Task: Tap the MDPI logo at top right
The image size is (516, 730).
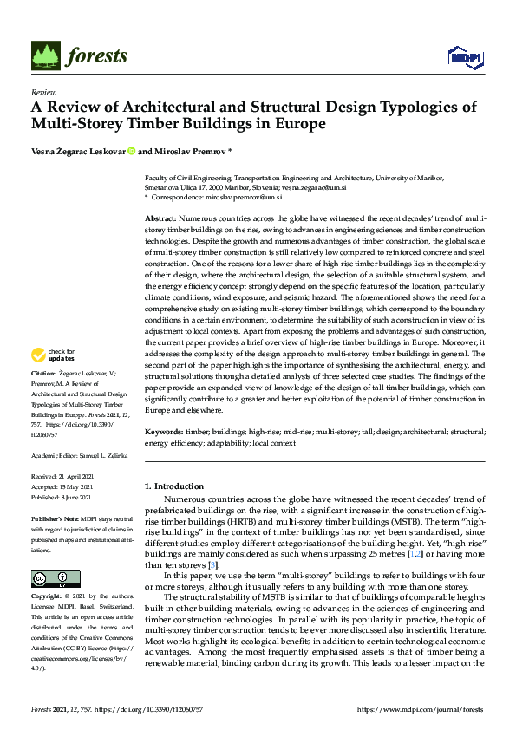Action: [x=464, y=57]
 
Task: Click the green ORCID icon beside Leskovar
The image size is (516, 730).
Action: [x=132, y=151]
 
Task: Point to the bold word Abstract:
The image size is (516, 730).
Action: [x=160, y=218]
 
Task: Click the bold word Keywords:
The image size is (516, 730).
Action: [x=164, y=431]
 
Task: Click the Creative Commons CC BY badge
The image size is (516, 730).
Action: [x=56, y=579]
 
